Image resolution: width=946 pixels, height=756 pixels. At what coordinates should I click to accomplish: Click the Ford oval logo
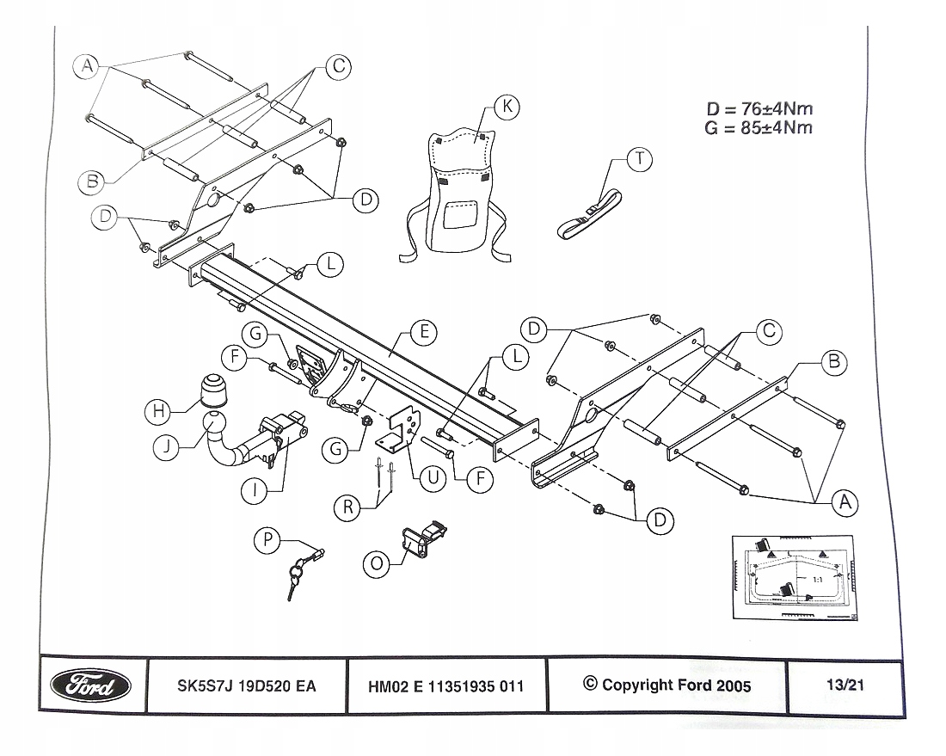pos(90,686)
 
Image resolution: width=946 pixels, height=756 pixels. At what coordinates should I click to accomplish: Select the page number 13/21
pos(845,685)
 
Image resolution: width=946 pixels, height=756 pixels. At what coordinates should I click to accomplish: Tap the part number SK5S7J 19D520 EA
pos(246,686)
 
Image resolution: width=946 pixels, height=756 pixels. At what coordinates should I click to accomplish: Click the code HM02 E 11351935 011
pos(445,686)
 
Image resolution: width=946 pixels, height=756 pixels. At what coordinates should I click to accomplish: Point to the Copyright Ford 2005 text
pos(667,685)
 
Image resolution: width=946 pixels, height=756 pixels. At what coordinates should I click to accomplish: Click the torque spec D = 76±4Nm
pos(759,109)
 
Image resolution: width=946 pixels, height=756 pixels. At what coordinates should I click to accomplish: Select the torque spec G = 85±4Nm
pos(759,128)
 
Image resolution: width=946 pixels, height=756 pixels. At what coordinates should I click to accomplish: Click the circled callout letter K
pos(507,107)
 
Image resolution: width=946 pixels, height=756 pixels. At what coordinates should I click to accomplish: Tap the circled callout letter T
pos(640,160)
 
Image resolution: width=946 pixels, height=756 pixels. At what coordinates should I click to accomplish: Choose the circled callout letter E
pos(424,333)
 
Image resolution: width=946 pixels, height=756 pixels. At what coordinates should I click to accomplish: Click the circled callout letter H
pos(158,411)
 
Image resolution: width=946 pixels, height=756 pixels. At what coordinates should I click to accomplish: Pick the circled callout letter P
pos(267,540)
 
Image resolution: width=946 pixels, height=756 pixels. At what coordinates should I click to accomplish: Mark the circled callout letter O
pos(377,563)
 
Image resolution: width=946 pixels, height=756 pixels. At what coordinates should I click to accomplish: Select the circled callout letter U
pos(433,478)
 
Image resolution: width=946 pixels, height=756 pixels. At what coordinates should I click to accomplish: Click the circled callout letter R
pos(347,507)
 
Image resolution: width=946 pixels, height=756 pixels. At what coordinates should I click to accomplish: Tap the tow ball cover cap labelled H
pos(214,391)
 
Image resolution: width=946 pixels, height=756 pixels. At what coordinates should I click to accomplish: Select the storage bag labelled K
pos(458,194)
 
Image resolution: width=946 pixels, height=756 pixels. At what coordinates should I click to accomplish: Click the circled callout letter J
pos(166,447)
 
